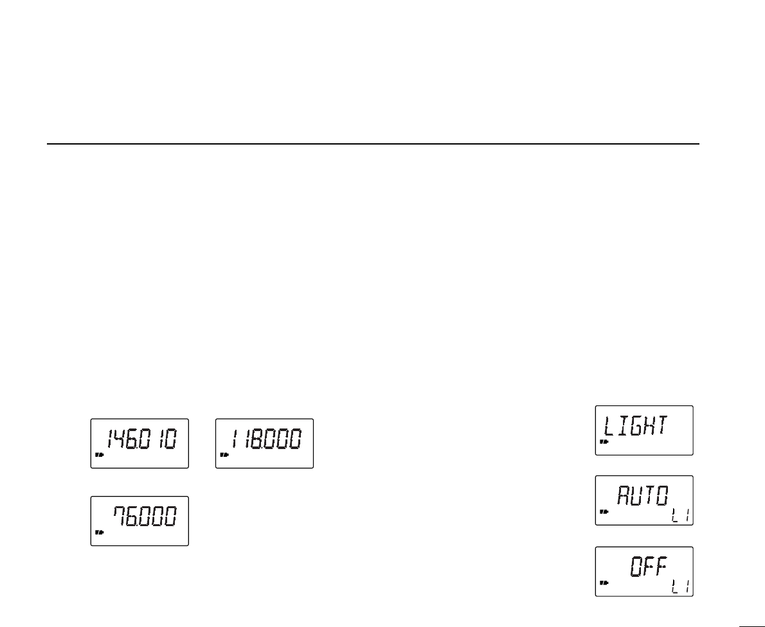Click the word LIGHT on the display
point(635,425)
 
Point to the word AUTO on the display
point(643,496)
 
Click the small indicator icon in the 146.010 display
point(99,455)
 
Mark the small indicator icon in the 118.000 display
point(224,455)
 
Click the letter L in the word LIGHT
point(608,425)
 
